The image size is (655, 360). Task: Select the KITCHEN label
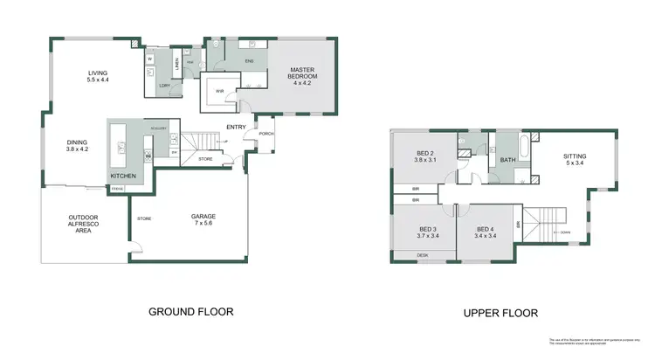point(122,177)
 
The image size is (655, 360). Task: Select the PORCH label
point(266,134)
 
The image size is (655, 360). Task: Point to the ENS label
point(248,60)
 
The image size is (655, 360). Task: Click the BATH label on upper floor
point(507,160)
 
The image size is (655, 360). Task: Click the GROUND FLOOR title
point(191,311)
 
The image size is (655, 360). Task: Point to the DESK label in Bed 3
point(423,255)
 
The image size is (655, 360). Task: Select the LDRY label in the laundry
point(163,85)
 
